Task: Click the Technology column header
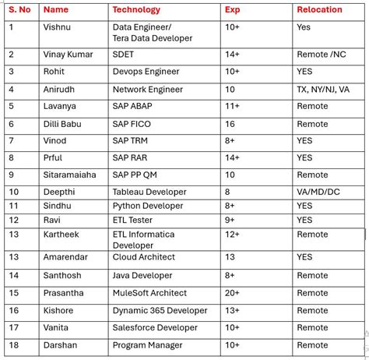[x=136, y=10]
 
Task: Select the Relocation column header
[x=319, y=10]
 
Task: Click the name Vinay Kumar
[x=68, y=55]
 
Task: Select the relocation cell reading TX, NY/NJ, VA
[x=323, y=89]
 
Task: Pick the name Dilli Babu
[x=64, y=124]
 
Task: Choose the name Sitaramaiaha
[x=70, y=175]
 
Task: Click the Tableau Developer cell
[x=149, y=192]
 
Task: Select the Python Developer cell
[x=149, y=206]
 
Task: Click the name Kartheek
[x=62, y=235]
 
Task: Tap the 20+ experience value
[x=233, y=293]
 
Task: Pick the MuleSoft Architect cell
[x=149, y=293]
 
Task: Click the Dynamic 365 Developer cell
[x=160, y=310]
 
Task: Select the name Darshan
[x=61, y=345]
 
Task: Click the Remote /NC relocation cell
[x=321, y=55]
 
